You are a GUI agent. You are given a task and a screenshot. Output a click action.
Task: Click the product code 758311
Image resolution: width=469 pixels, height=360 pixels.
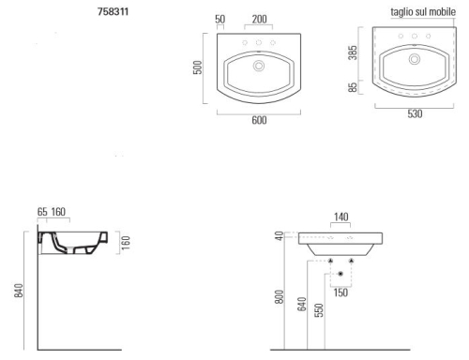113,11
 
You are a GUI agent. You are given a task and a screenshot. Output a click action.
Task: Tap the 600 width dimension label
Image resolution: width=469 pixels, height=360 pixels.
259,120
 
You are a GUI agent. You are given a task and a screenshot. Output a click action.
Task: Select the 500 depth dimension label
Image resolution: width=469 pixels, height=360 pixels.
198,67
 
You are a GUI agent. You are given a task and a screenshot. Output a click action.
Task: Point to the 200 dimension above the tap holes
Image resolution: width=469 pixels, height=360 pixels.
260,19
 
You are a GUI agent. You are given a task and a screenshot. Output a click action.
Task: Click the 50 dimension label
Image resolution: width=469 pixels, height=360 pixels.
220,19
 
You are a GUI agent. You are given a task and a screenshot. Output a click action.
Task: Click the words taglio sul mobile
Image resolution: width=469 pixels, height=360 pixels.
423,12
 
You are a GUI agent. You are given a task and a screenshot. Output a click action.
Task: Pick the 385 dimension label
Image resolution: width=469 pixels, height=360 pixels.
353,52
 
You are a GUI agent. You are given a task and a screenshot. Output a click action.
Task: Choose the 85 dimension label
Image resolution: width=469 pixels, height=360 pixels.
353,87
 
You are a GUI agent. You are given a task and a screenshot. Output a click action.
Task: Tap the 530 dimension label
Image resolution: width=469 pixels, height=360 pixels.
415,113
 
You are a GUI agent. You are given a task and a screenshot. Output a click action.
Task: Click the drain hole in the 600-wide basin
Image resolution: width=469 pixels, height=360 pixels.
259,66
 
